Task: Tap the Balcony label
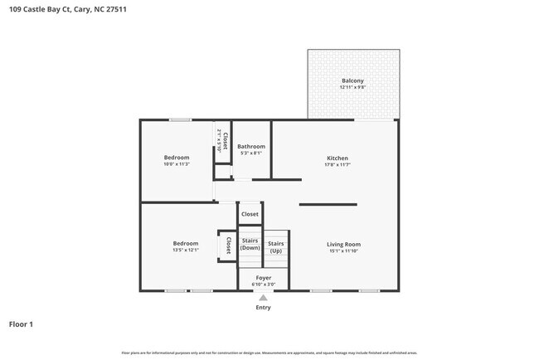coord(352,80)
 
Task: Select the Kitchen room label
coord(337,158)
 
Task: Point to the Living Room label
coord(343,244)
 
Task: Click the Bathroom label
coord(250,146)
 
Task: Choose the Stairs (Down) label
coord(250,244)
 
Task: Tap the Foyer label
coord(263,278)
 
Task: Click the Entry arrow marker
coord(263,297)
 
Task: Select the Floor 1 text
coord(21,324)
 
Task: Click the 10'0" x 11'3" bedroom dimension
coord(176,164)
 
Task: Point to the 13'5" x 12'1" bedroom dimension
coord(185,250)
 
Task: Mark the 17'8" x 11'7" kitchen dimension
coord(337,164)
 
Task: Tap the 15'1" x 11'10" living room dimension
coord(343,251)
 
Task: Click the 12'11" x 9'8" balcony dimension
coord(352,87)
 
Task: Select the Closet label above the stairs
coord(250,214)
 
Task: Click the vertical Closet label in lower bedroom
coord(228,246)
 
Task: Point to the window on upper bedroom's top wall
coord(180,120)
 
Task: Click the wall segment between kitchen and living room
coord(328,204)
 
